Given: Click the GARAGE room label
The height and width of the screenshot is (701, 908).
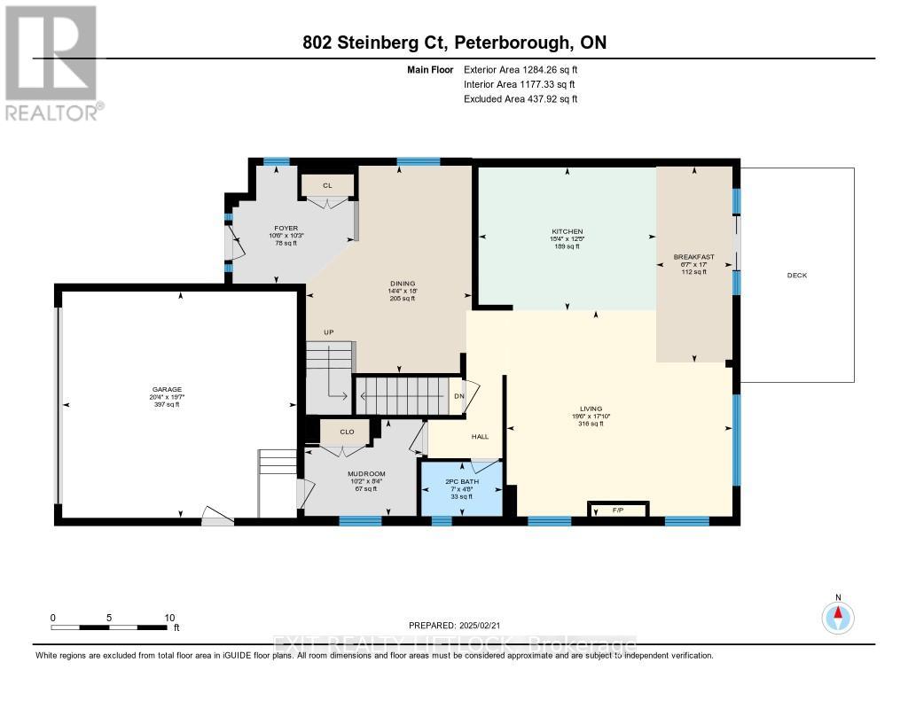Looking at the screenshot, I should pos(166,389).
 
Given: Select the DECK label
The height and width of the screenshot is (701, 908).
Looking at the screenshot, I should pos(796,276).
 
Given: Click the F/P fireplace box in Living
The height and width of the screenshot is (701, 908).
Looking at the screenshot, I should pos(618,510).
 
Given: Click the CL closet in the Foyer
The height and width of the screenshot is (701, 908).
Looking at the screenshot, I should pos(327,185).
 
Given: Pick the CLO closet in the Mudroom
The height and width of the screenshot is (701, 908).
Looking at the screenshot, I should pos(348,432).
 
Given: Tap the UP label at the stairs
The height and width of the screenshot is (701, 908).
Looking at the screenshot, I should pos(327,331).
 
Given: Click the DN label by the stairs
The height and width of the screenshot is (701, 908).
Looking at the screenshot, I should pos(458,396).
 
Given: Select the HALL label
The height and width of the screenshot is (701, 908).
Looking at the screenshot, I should pos(480,436).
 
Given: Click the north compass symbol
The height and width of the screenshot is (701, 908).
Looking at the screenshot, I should pos(837,614).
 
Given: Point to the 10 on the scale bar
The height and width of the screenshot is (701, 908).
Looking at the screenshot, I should pos(168,618).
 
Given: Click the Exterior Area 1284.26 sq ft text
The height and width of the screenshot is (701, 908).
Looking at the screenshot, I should pos(520,70).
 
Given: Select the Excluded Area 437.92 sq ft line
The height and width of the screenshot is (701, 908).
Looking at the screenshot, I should pos(520,99).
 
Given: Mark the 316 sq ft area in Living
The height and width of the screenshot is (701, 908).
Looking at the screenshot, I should pos(588,424).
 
